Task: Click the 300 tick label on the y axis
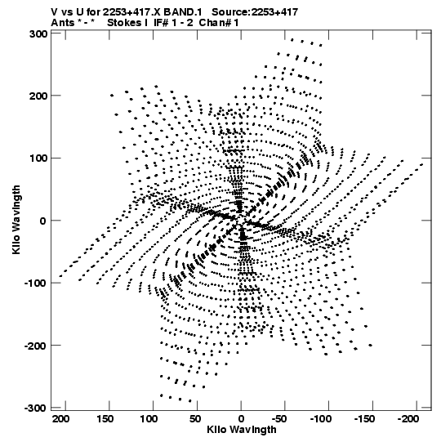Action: click(x=38, y=33)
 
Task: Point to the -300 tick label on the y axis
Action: click(x=36, y=408)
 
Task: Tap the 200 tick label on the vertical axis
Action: click(x=38, y=96)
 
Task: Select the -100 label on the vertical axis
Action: click(x=36, y=283)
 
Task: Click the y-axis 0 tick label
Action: click(x=42, y=221)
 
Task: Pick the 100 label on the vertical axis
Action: click(x=38, y=158)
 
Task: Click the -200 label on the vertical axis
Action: click(x=36, y=346)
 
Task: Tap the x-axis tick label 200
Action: click(x=60, y=419)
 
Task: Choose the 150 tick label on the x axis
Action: click(x=105, y=419)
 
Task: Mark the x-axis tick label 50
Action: click(x=195, y=419)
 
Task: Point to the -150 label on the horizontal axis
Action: click(x=364, y=419)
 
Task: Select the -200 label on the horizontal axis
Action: click(x=408, y=419)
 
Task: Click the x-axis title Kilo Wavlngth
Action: click(x=242, y=430)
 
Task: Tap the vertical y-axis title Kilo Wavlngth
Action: click(x=16, y=220)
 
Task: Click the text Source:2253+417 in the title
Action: click(x=255, y=12)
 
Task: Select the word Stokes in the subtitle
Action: click(x=125, y=23)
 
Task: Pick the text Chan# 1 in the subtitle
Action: click(x=219, y=23)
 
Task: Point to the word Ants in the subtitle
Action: click(x=63, y=23)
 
